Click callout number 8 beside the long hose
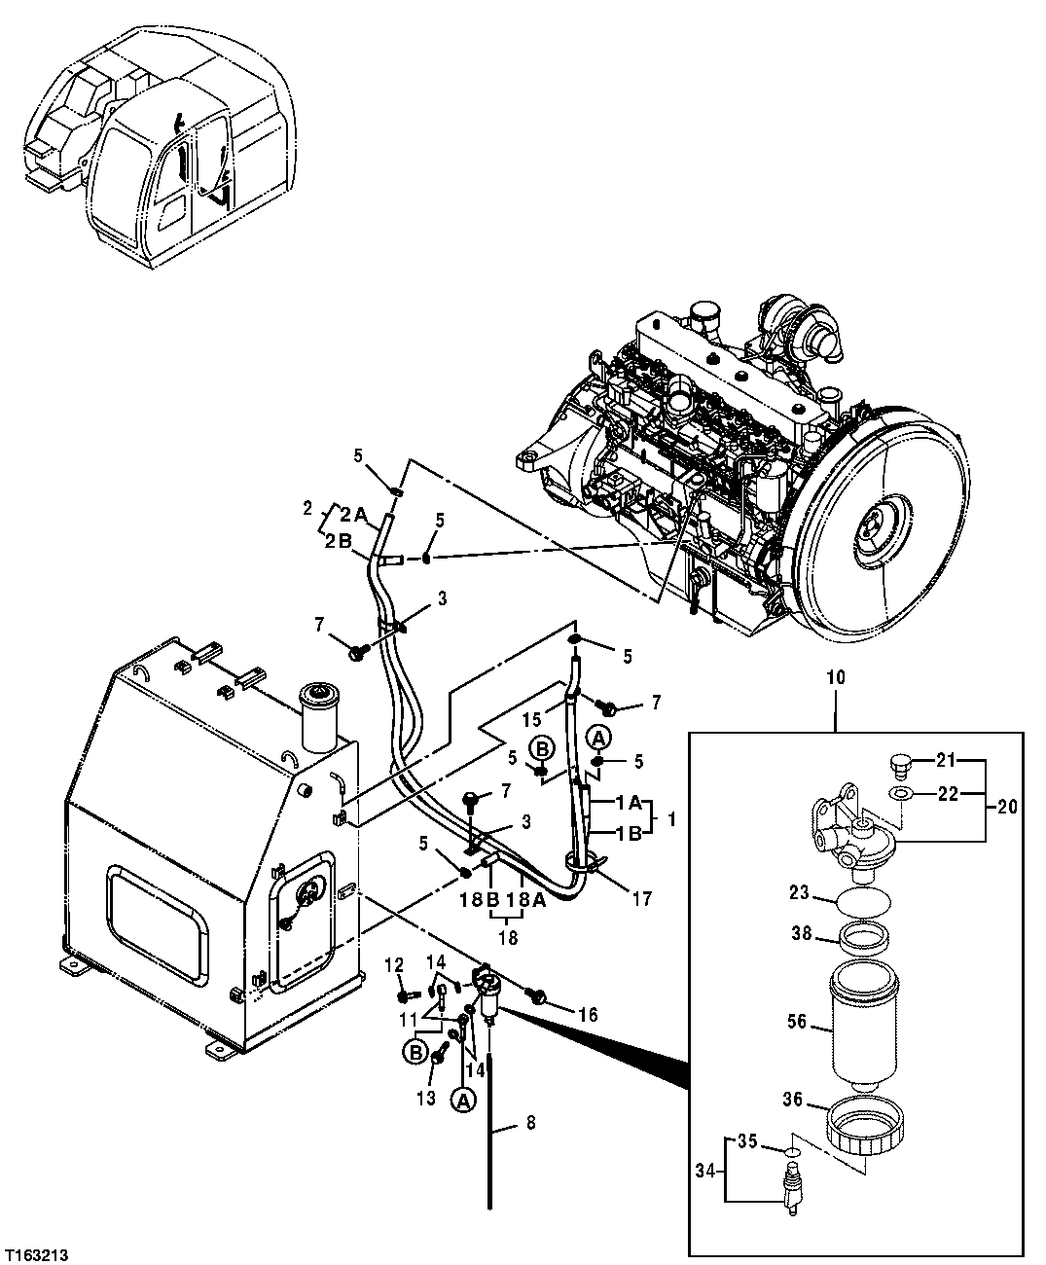pyautogui.click(x=530, y=1122)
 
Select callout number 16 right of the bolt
pyautogui.click(x=586, y=1015)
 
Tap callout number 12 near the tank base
pyautogui.click(x=393, y=964)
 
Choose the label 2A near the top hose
pyautogui.click(x=353, y=516)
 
